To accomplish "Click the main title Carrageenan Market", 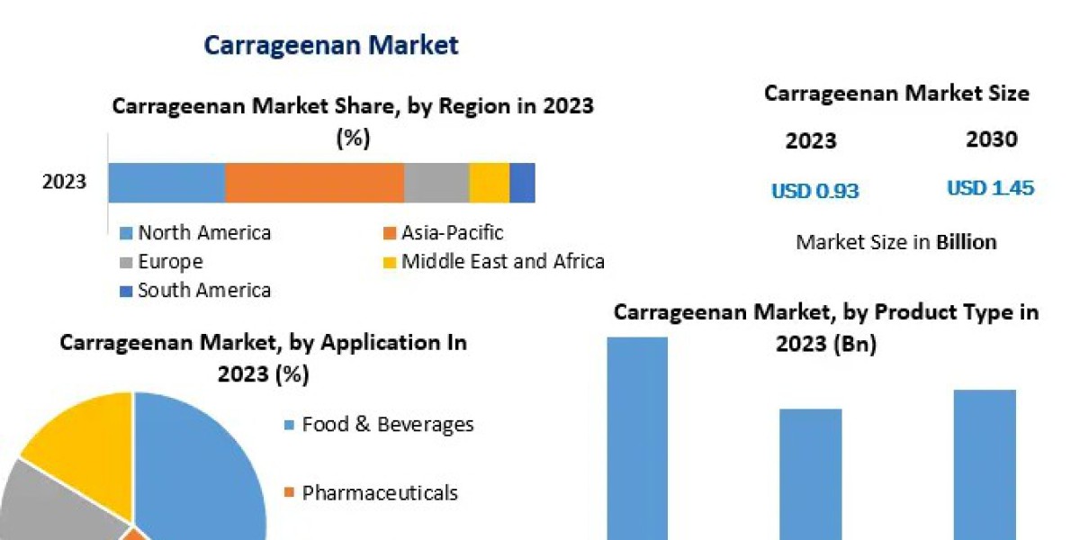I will pyautogui.click(x=331, y=44).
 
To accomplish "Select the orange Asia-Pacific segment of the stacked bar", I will pyautogui.click(x=314, y=183).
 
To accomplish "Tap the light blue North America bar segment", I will pyautogui.click(x=166, y=183).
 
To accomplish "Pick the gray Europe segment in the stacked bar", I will pyautogui.click(x=436, y=183).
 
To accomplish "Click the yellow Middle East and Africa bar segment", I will pyautogui.click(x=490, y=183).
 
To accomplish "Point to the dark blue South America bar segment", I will pyautogui.click(x=522, y=183).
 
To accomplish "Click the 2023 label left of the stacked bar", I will pyautogui.click(x=65, y=182).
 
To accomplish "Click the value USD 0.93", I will pyautogui.click(x=814, y=191).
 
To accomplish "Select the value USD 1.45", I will pyautogui.click(x=990, y=188).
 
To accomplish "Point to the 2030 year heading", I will pyautogui.click(x=992, y=139).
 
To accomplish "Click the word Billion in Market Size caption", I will pyautogui.click(x=966, y=242).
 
